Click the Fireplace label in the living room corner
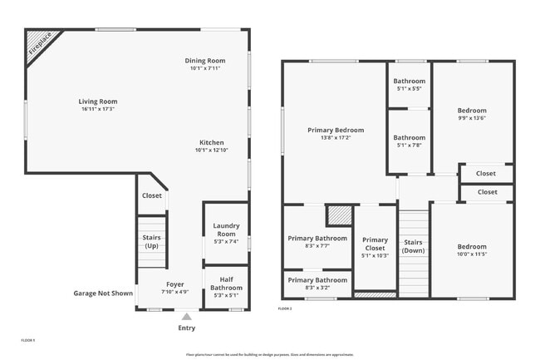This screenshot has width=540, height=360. click(39, 42)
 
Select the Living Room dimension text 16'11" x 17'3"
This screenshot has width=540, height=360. click(98, 109)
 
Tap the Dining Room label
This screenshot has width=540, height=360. click(204, 61)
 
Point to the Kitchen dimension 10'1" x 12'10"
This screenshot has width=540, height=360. click(211, 150)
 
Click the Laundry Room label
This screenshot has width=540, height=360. click(226, 229)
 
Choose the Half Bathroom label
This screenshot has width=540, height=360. click(226, 283)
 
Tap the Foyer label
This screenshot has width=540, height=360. click(174, 284)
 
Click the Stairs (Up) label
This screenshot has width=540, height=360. click(151, 242)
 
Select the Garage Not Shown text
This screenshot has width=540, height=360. click(103, 293)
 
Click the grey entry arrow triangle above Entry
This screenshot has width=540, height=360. click(186, 316)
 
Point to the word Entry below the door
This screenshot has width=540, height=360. click(187, 328)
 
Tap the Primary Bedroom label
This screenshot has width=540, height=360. click(336, 130)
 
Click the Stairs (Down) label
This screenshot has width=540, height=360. click(413, 246)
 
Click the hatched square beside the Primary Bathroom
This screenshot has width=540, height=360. click(338, 215)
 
